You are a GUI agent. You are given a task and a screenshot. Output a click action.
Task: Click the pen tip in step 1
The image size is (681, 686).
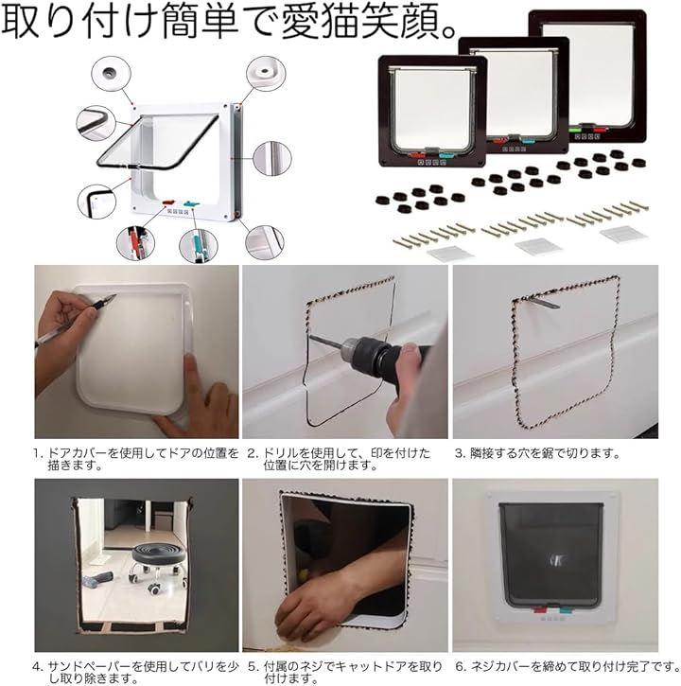click(113, 297)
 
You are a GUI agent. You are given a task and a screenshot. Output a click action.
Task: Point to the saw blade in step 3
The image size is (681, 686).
click(540, 301)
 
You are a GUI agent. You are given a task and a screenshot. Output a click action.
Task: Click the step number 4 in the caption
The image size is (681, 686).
click(36, 667)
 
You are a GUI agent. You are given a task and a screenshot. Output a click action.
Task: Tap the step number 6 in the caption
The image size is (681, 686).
click(460, 667)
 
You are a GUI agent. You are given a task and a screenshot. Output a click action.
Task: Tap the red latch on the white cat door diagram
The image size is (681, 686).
click(168, 203)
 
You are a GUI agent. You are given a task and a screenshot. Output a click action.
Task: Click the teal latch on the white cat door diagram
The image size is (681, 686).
click(191, 203)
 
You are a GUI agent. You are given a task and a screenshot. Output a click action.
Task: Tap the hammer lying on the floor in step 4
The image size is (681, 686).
click(97, 580)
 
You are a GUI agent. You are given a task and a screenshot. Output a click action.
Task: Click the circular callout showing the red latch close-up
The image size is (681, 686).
click(135, 243)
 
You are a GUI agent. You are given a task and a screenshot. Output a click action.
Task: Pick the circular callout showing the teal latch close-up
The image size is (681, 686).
click(198, 246)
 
